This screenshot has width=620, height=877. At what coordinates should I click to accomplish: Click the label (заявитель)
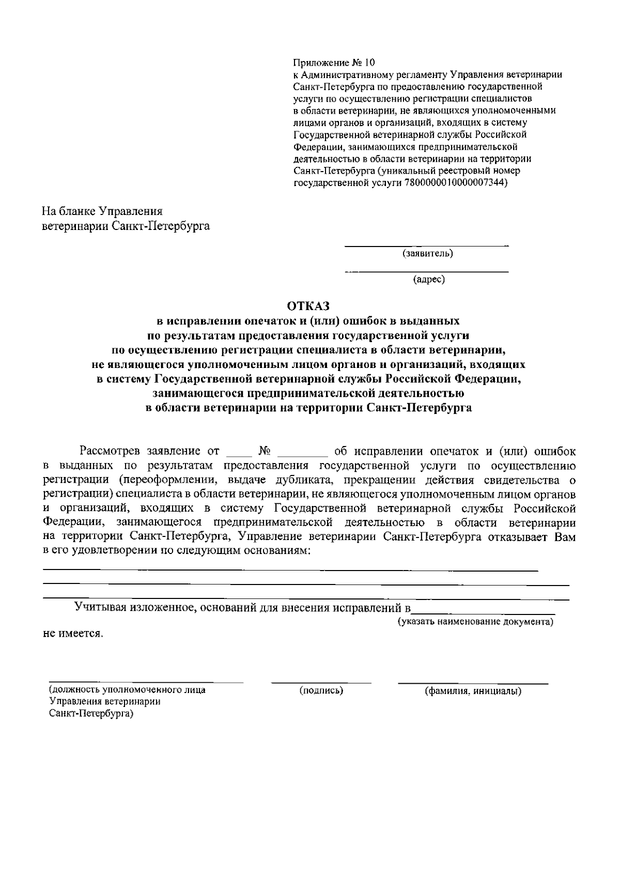click(427, 253)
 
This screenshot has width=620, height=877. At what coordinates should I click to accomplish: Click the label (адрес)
click(429, 280)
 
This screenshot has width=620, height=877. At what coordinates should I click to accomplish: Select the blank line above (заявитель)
click(427, 245)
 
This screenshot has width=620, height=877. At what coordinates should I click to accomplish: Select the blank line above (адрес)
click(427, 271)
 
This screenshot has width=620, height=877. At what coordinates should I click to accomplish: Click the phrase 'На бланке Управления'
click(102, 211)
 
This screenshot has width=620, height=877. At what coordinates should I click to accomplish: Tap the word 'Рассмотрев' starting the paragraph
click(108, 451)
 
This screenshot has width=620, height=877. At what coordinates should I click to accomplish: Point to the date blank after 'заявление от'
click(238, 455)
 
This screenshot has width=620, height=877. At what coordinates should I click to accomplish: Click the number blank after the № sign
click(303, 455)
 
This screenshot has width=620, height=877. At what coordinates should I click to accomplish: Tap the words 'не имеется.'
click(73, 634)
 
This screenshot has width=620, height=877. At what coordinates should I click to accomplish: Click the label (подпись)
click(321, 690)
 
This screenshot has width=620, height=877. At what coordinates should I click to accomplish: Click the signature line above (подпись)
click(321, 683)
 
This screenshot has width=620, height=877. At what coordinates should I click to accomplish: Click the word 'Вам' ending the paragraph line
click(564, 537)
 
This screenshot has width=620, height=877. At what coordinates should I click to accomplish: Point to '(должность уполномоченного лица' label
click(127, 690)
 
